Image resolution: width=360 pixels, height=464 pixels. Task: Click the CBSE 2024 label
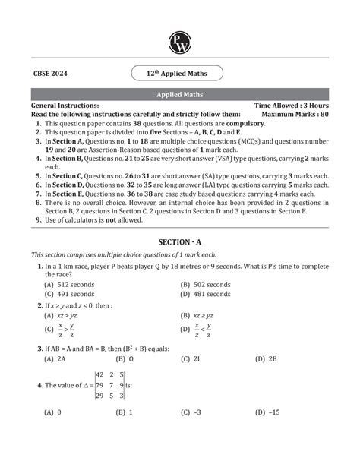[x=50, y=73]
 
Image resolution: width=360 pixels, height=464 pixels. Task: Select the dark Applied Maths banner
[x=179, y=95]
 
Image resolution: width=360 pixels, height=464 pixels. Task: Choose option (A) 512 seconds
[x=70, y=283]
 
